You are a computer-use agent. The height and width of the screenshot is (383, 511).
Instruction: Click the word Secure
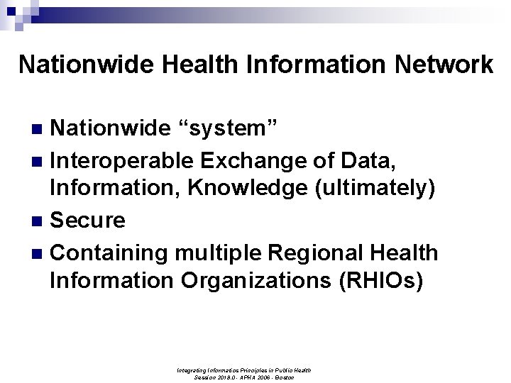pyautogui.click(x=87, y=220)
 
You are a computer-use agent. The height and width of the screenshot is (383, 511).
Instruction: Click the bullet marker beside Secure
pyautogui.click(x=40, y=221)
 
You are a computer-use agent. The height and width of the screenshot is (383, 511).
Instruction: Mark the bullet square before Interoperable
pyautogui.click(x=40, y=160)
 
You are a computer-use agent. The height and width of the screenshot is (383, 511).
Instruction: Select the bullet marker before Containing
pyautogui.click(x=40, y=252)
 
